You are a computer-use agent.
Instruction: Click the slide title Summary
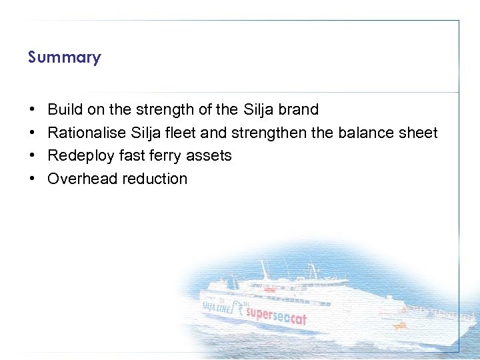64,57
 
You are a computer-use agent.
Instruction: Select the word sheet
418,133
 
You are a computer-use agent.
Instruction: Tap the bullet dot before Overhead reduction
32,179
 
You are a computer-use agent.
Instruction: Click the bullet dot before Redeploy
32,156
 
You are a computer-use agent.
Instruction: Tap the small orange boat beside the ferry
400,325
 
